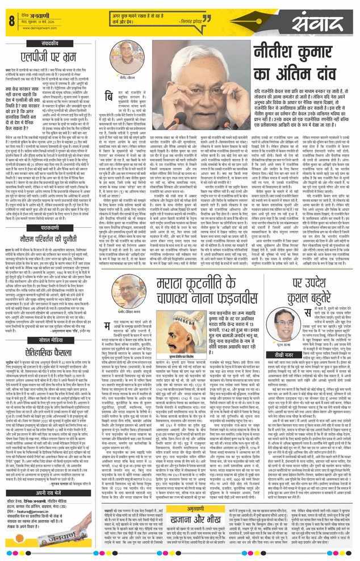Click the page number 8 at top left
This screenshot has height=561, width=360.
[x=11, y=22]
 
